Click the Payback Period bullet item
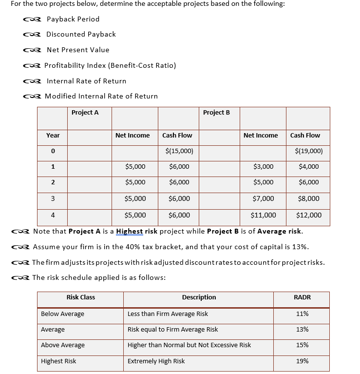coord(73,19)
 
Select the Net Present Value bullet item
coord(77,50)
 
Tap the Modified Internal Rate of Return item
coord(101,96)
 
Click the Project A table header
coord(85,113)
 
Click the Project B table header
coord(216,113)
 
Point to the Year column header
coord(53,135)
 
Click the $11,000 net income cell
coord(263,215)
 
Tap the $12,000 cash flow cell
coord(308,215)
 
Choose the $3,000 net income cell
coord(264,167)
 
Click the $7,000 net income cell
coord(264,198)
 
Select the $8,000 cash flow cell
coord(309,198)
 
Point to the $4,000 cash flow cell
coord(309,167)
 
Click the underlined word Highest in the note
coord(130,231)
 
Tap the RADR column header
coord(302,297)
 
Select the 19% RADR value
coord(302,361)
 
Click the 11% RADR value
coord(302,314)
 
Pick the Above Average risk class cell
coord(63,345)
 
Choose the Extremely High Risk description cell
coord(156,361)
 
